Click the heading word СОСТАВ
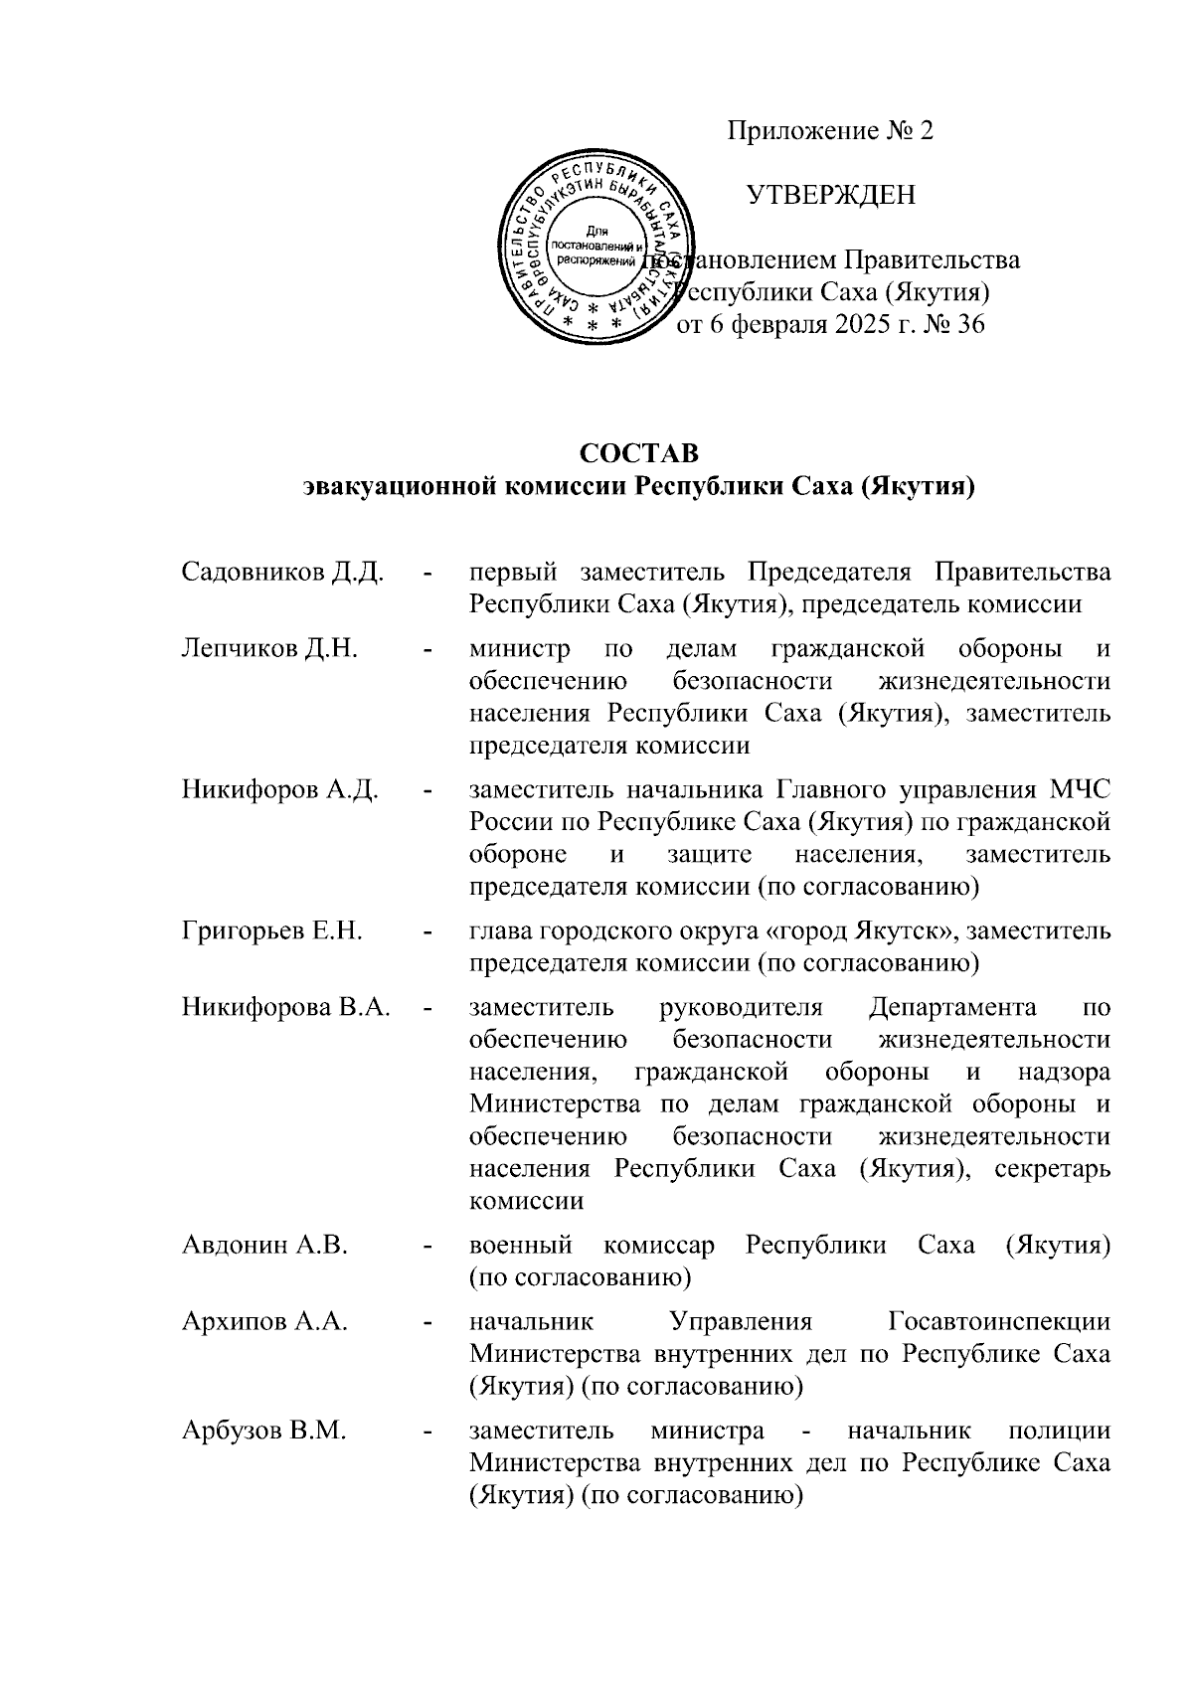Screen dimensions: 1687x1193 [x=639, y=453]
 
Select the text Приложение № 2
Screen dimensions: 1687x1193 [x=830, y=131]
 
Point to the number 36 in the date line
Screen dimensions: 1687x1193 [x=968, y=324]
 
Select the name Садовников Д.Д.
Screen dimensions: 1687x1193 [x=282, y=573]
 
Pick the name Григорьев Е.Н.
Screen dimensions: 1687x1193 [x=271, y=931]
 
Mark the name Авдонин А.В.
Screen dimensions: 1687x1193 [x=264, y=1245]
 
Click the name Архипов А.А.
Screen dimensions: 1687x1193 [x=263, y=1321]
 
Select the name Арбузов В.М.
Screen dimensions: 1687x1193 [x=263, y=1432]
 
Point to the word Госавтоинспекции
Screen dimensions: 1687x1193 [x=998, y=1321]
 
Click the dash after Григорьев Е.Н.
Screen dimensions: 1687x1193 [x=428, y=932]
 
